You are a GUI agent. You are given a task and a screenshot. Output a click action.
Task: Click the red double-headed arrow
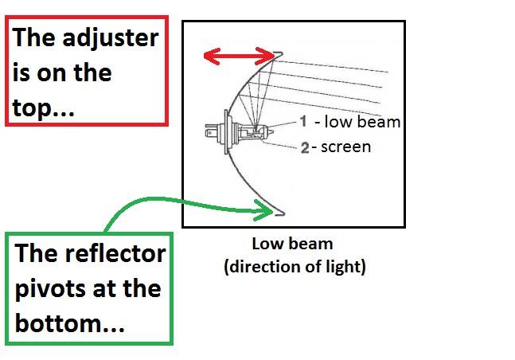[x=239, y=56]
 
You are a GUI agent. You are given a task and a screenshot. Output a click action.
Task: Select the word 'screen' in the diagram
[x=345, y=147]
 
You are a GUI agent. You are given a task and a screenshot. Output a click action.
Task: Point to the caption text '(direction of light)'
[x=295, y=267]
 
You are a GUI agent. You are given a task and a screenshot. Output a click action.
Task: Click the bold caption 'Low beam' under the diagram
[x=294, y=245]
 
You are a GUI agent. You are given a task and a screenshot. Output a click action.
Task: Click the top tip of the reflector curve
[x=280, y=54]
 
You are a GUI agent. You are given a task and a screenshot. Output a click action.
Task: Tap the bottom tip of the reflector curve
[x=281, y=212]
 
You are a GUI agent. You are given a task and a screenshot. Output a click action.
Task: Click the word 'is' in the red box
[x=22, y=72]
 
